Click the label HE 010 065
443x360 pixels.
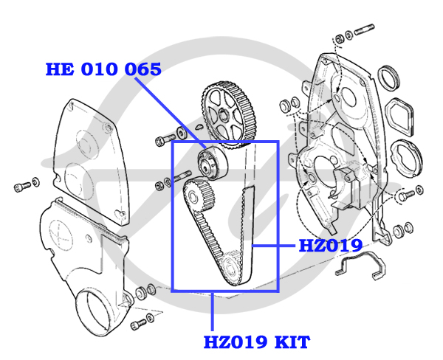tap(103, 69)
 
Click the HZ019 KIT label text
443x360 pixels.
tap(256, 342)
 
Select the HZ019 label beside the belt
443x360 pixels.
tap(329, 246)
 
